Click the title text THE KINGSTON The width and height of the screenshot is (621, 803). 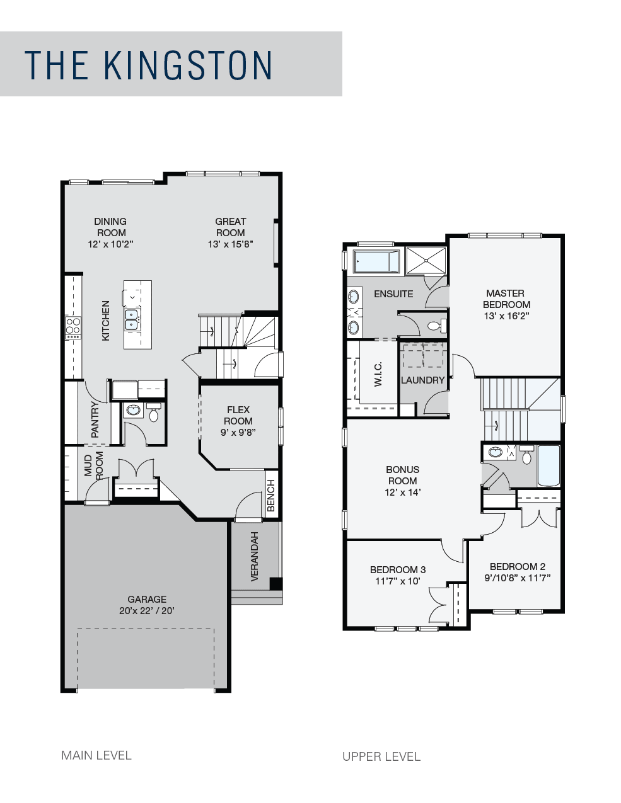coord(148,65)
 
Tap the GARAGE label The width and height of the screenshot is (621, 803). coord(147,600)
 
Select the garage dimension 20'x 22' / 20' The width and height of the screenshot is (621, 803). coord(147,611)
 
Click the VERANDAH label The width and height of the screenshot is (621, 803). coord(255,556)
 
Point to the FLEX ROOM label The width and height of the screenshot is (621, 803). coord(238,416)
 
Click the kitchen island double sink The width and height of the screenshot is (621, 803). coord(132,320)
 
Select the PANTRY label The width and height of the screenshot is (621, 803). coord(95,419)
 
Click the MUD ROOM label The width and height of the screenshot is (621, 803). coord(94,465)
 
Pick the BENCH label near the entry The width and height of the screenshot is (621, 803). coord(271,495)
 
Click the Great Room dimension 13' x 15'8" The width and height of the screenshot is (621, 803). coord(230,244)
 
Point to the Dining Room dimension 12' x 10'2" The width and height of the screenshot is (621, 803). coord(110,244)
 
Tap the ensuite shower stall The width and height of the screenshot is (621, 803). coord(426,261)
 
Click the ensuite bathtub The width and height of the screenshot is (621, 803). coord(376,261)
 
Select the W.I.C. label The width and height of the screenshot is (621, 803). coord(378,374)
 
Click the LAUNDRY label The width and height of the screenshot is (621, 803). coord(422,380)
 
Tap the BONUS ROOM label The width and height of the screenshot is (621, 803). coord(402,475)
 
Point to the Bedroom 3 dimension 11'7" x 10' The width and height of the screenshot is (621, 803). coord(397,581)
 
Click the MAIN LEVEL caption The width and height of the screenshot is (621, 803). coord(96,755)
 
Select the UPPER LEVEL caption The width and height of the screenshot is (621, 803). coord(381,756)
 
